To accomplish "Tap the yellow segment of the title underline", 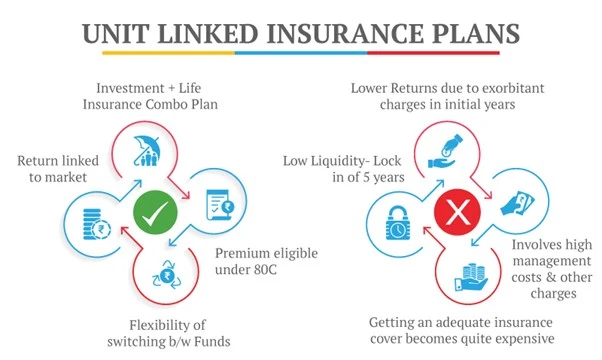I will pyautogui.click(x=150, y=52).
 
